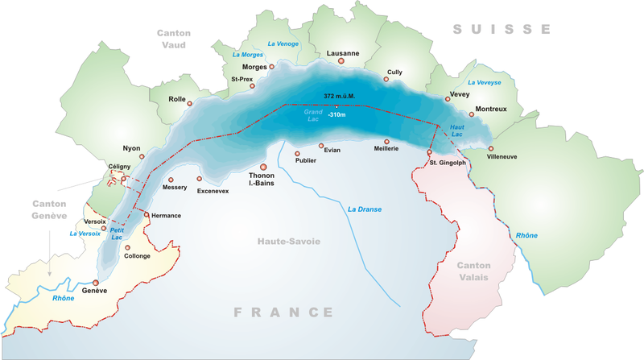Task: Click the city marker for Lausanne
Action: tap(341, 60)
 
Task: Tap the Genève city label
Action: tap(95, 291)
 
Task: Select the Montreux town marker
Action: tap(472, 114)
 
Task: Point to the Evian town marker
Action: tap(321, 146)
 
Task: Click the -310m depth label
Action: tap(336, 115)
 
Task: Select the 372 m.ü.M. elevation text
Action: tap(339, 96)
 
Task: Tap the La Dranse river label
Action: tap(364, 209)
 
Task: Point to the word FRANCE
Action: tap(283, 312)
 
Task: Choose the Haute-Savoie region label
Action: tap(289, 241)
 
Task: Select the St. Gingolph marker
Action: tap(429, 151)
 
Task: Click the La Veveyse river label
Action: tap(484, 82)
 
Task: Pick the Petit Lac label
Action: tap(118, 233)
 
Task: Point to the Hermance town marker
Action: tap(146, 214)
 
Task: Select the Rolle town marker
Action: tap(190, 102)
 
